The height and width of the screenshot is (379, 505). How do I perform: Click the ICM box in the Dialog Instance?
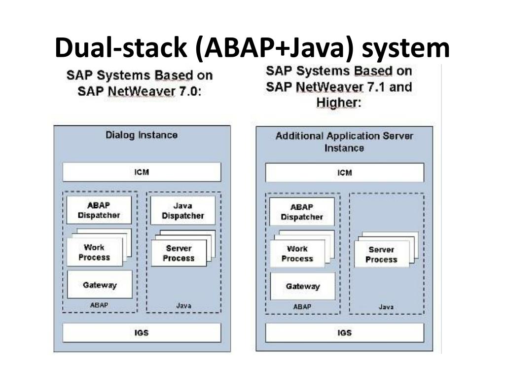pyautogui.click(x=142, y=172)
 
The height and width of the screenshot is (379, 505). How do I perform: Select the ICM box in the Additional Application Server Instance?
pyautogui.click(x=344, y=173)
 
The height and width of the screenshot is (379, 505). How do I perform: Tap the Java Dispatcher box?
pyautogui.click(x=182, y=210)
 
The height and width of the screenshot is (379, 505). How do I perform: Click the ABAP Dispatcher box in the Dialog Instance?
pyautogui.click(x=99, y=210)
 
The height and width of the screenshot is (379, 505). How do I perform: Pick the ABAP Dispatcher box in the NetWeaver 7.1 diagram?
pyautogui.click(x=302, y=212)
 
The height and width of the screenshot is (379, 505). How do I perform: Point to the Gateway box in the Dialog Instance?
pyautogui.click(x=100, y=285)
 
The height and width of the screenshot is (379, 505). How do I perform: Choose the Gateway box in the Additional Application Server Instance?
pyautogui.click(x=302, y=286)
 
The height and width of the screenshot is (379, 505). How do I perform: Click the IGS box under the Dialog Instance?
pyautogui.click(x=142, y=333)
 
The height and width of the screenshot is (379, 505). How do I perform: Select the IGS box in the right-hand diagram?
pyautogui.click(x=344, y=333)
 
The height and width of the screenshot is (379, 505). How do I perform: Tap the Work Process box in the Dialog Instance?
pyautogui.click(x=93, y=252)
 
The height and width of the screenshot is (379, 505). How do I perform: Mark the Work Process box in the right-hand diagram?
pyautogui.click(x=297, y=254)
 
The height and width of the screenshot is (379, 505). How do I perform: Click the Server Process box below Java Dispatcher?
pyautogui.click(x=178, y=253)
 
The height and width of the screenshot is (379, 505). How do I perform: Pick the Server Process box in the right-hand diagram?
pyautogui.click(x=381, y=255)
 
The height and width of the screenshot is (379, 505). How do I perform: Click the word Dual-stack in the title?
pyautogui.click(x=121, y=48)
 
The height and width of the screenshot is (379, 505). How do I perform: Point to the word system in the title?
pyautogui.click(x=409, y=48)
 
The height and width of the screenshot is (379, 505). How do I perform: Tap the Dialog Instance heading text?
pyautogui.click(x=142, y=135)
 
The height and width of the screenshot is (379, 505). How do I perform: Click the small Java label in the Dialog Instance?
pyautogui.click(x=183, y=305)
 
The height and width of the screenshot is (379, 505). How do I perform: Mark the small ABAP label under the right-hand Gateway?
pyautogui.click(x=302, y=306)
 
